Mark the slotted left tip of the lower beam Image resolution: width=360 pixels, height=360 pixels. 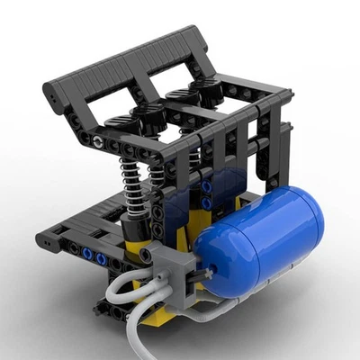point(42,240)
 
